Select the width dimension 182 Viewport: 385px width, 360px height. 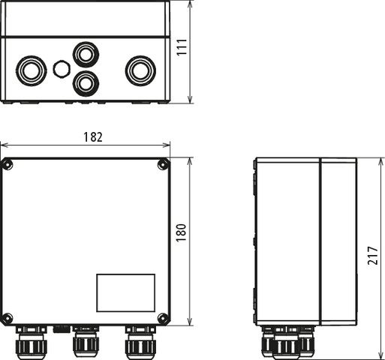coord(92,137)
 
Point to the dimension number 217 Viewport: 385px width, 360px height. coord(373,257)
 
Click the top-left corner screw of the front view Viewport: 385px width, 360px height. coord(7,165)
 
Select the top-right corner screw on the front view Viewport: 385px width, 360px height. coord(163,165)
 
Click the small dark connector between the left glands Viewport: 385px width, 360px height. coord(62,328)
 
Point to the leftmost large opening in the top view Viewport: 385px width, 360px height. coord(31,70)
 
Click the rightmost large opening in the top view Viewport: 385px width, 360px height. coord(139,70)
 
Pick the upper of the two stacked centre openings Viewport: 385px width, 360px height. coord(84,53)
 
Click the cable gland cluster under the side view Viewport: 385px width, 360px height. coord(285,342)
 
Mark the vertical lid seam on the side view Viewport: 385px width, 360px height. coord(320,241)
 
